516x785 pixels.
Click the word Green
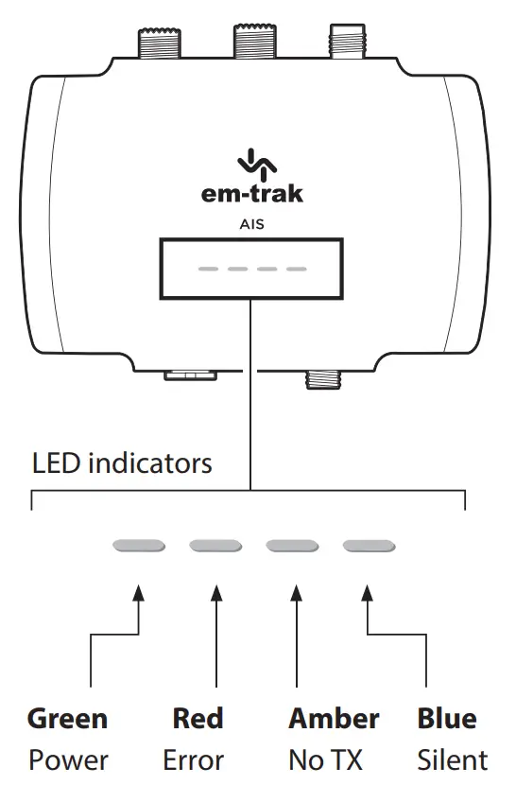(x=67, y=719)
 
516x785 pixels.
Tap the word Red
(x=198, y=719)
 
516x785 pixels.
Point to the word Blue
(x=446, y=719)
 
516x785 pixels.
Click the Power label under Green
(x=68, y=759)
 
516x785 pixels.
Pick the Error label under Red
(x=194, y=759)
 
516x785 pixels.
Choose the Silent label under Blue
(x=453, y=759)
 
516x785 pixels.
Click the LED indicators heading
(x=122, y=464)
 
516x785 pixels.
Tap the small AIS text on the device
(x=251, y=225)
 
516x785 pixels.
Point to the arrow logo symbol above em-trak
(x=251, y=164)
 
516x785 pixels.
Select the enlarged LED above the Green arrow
(x=139, y=546)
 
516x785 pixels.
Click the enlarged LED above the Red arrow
(x=215, y=546)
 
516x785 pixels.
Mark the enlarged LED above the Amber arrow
(x=292, y=546)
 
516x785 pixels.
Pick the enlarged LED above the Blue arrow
(x=369, y=546)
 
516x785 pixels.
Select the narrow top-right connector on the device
(x=346, y=42)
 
